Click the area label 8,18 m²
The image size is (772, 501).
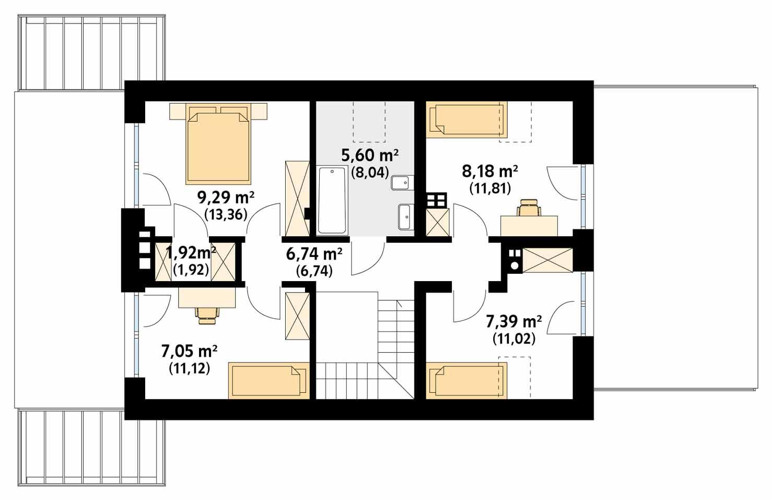coord(489,171)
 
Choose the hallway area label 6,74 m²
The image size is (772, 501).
coord(314,254)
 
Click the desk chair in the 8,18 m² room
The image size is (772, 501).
coord(528,207)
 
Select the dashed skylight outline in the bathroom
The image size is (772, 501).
coord(369,121)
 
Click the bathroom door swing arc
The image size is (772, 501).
coord(368,259)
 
